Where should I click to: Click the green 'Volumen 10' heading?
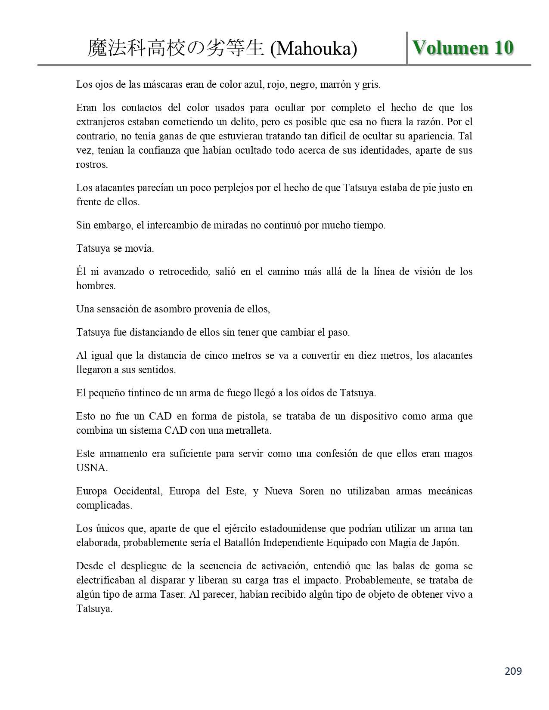pos(463,48)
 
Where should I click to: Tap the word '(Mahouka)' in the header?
pos(313,49)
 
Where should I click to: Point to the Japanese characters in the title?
pos(176,49)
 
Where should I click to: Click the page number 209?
pos(513,671)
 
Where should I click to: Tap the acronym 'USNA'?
pos(91,468)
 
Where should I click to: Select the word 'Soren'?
pos(311,491)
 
